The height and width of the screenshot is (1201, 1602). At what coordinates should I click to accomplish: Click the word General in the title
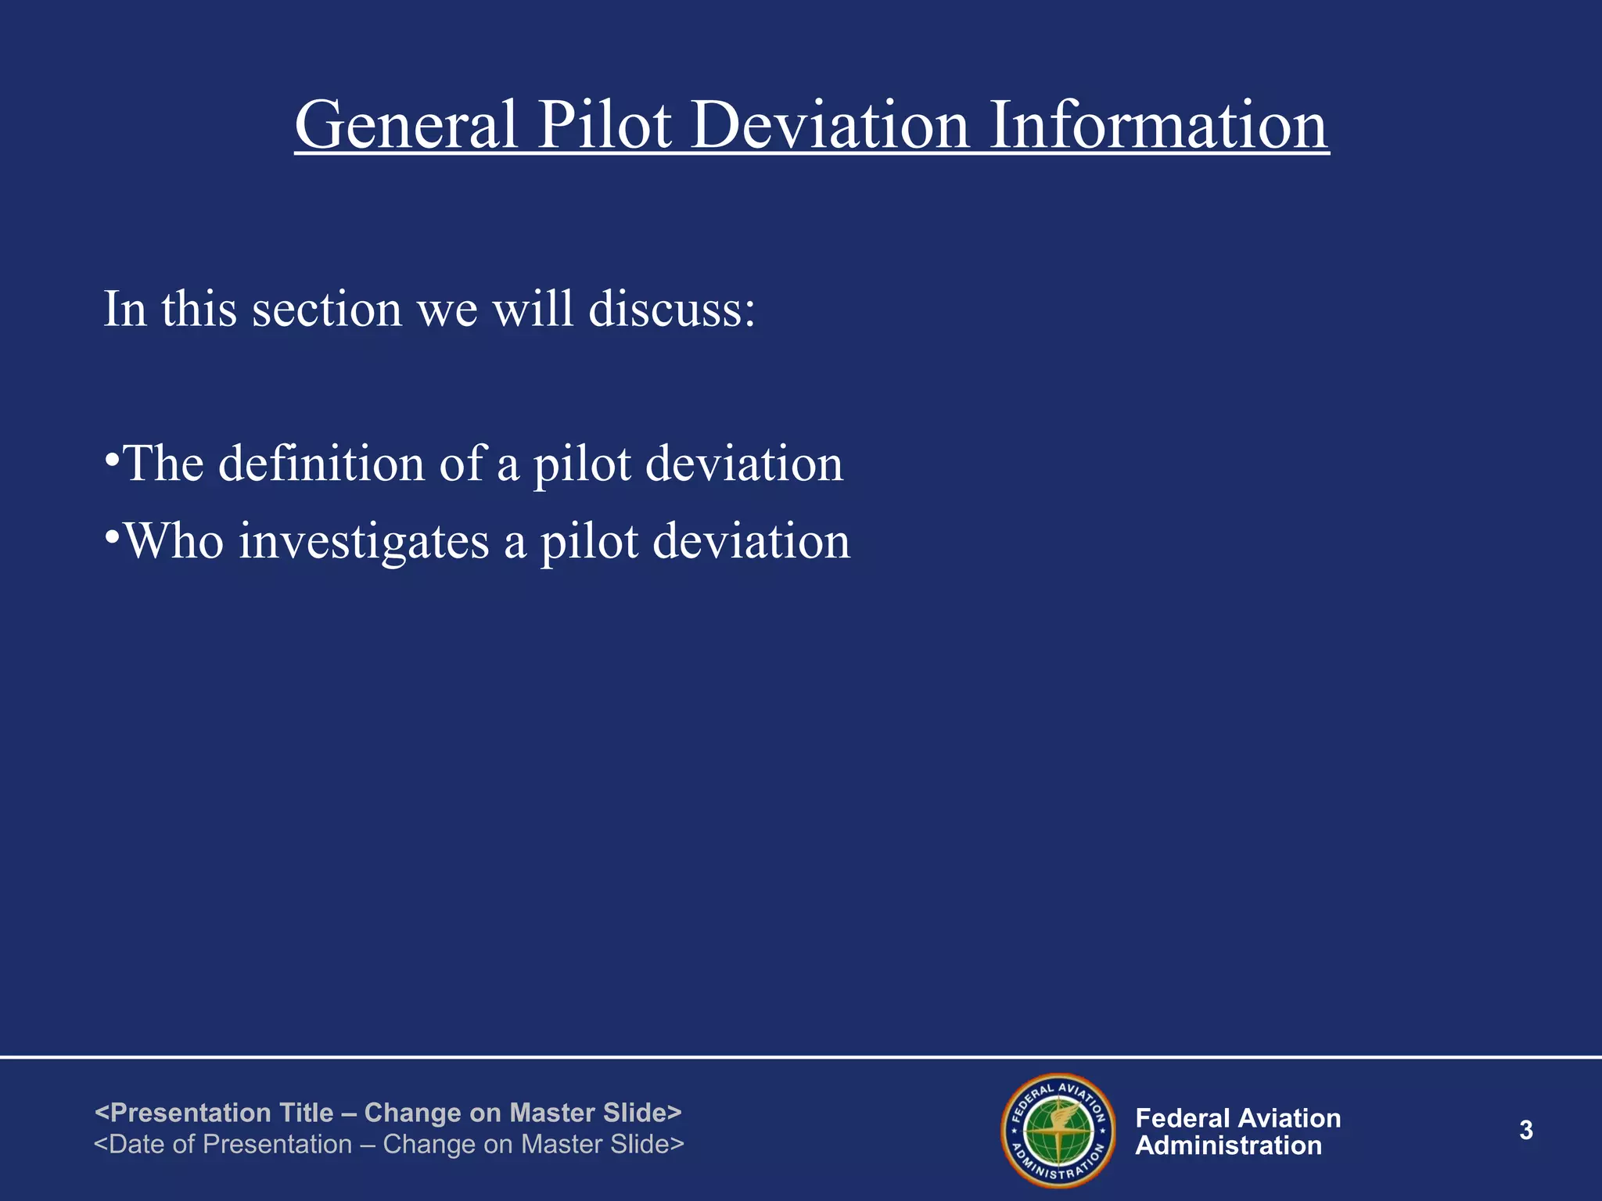[406, 125]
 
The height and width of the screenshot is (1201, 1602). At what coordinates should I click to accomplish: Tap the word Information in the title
[1158, 125]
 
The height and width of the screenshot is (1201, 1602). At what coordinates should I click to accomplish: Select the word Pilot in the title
[605, 125]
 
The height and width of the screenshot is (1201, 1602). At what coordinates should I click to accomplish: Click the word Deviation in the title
[831, 125]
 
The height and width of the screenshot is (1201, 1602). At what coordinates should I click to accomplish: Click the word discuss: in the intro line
[672, 309]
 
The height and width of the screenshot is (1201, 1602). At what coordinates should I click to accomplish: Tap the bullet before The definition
[112, 459]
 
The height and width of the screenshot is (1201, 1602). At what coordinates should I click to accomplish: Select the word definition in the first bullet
[321, 464]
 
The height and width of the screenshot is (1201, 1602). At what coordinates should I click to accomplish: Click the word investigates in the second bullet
[364, 542]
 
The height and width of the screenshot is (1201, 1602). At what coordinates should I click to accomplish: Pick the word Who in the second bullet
[174, 541]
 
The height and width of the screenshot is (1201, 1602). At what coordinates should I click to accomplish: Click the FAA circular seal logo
[1058, 1131]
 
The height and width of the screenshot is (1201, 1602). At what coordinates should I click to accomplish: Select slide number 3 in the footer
[1525, 1131]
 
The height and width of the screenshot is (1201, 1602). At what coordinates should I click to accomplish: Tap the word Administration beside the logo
[1228, 1146]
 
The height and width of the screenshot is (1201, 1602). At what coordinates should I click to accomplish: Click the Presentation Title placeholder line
[388, 1112]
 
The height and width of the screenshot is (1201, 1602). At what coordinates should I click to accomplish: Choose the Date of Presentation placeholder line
[389, 1144]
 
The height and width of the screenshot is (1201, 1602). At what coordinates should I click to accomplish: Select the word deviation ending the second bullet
[751, 541]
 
